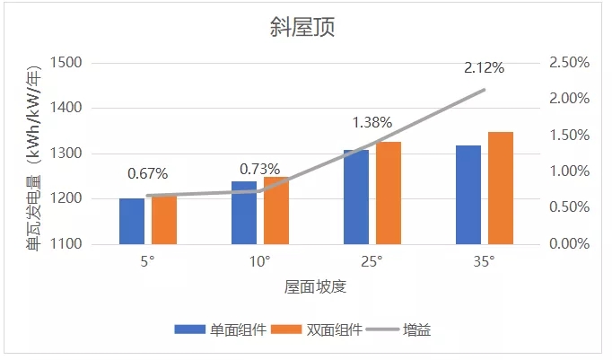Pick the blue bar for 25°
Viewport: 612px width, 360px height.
click(x=356, y=198)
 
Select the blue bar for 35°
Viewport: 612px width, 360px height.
click(x=468, y=195)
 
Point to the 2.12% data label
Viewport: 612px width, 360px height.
click(x=485, y=67)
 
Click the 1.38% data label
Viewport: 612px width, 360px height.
click(x=372, y=121)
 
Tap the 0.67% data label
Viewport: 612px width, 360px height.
click(x=148, y=173)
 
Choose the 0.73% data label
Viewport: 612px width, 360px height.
click(x=260, y=169)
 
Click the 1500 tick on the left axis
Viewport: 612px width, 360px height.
click(x=67, y=63)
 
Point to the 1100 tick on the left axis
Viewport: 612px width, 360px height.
click(x=67, y=244)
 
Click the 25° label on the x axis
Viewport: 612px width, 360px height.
click(x=372, y=262)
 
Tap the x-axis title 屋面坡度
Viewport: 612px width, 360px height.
click(x=316, y=287)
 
